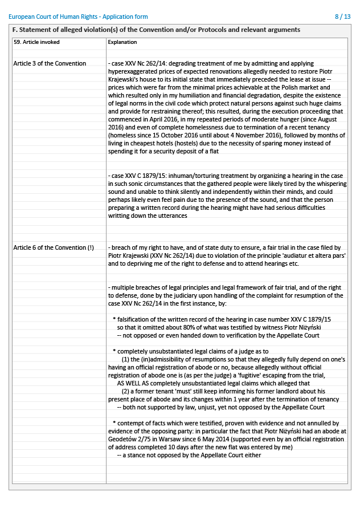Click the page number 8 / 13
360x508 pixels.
pyautogui.click(x=343, y=17)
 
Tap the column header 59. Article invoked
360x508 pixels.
pyautogui.click(x=36, y=42)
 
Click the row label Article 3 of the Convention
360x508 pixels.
pyautogui.click(x=50, y=63)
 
